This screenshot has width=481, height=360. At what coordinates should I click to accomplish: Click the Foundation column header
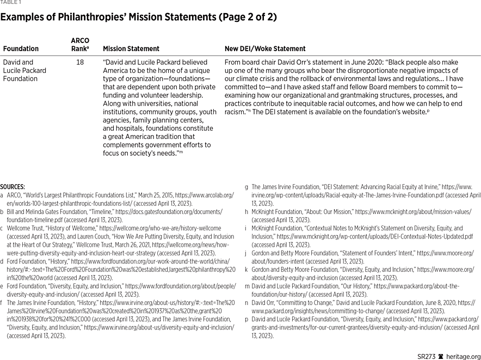click(x=21, y=48)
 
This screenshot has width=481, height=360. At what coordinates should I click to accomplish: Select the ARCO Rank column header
click(x=80, y=45)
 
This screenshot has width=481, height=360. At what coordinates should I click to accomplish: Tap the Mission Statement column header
click(x=131, y=48)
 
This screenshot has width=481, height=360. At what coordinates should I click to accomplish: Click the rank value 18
click(x=80, y=63)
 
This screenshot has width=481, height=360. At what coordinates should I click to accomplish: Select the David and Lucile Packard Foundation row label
click(x=24, y=70)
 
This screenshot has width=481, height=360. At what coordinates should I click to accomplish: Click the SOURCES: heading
click(x=13, y=187)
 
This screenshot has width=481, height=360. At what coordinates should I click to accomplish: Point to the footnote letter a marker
click(x=2, y=194)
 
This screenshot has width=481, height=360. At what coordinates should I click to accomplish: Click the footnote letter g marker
click(x=246, y=187)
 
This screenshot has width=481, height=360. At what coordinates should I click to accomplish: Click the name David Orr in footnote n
click(x=265, y=302)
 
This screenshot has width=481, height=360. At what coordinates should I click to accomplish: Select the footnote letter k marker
click(x=246, y=269)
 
